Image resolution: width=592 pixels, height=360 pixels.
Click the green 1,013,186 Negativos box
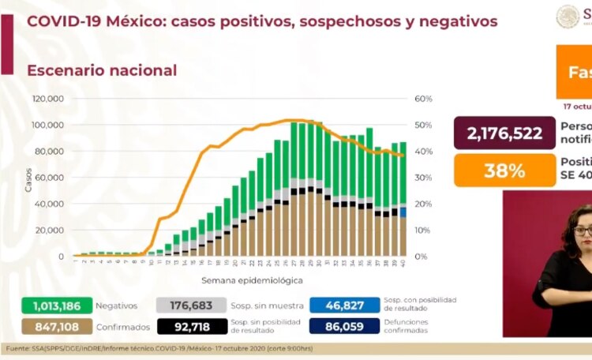click(x=52, y=306)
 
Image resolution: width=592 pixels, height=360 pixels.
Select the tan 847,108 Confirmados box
click(x=52, y=327)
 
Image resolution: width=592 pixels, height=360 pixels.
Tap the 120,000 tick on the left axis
click(x=48, y=99)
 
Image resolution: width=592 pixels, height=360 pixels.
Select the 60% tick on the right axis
click(x=423, y=99)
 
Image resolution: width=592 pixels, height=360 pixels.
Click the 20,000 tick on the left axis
click(x=50, y=231)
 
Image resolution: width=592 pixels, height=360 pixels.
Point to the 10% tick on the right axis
click(x=423, y=231)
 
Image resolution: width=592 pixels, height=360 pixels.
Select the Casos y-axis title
click(x=28, y=178)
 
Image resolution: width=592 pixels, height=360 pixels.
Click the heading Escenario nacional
click(x=102, y=70)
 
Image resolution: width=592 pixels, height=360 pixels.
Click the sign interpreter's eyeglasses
click(x=583, y=231)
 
